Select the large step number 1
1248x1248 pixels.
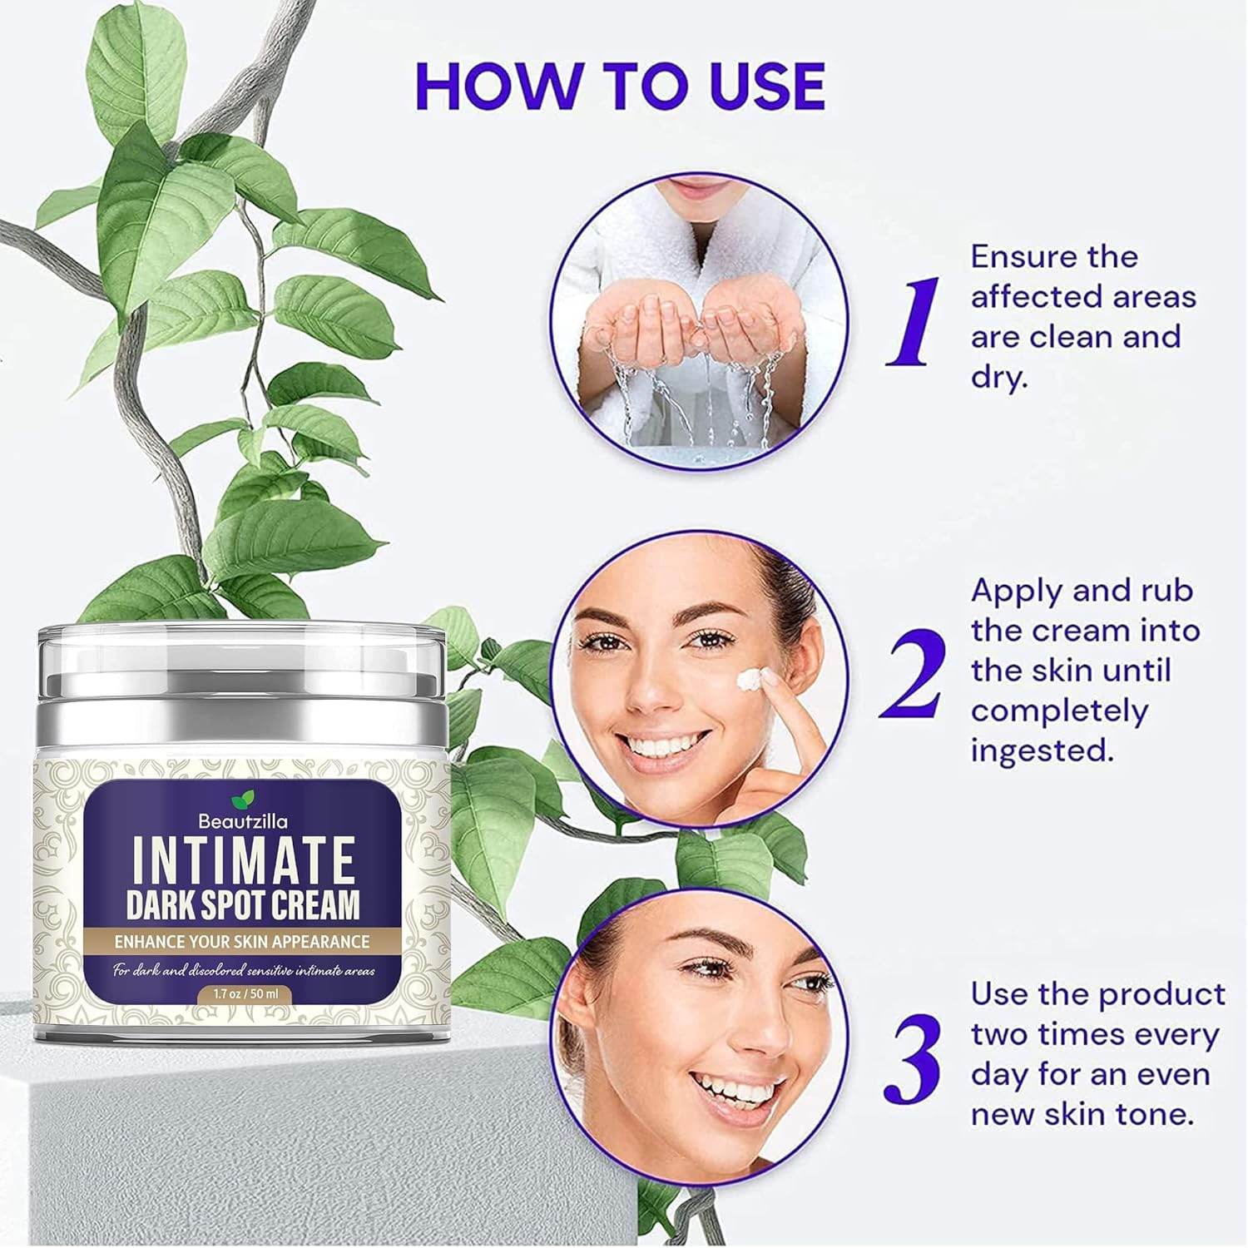pyautogui.click(x=913, y=323)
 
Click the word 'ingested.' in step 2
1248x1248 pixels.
pyautogui.click(x=1042, y=750)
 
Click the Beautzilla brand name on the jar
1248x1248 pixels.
pyautogui.click(x=243, y=821)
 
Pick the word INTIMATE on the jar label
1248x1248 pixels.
pyautogui.click(x=243, y=862)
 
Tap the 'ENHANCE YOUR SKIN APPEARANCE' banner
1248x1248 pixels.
pyautogui.click(x=242, y=942)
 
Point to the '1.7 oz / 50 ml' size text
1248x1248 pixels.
pyautogui.click(x=243, y=992)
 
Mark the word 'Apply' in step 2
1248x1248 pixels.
pyautogui.click(x=1017, y=591)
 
